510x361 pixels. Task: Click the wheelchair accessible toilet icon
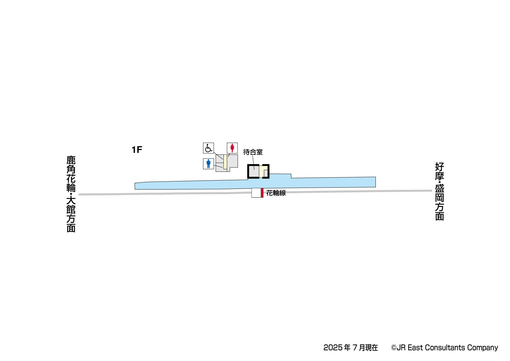[x=208, y=148]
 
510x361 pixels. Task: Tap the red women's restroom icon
[x=232, y=148]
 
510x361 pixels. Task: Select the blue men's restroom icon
[x=208, y=164]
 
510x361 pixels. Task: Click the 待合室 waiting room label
[x=253, y=152]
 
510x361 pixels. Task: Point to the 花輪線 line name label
[x=276, y=193]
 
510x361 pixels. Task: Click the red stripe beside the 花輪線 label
[x=262, y=193]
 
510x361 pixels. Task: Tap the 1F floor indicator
[x=137, y=150]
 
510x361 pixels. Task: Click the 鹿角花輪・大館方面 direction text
[x=71, y=194]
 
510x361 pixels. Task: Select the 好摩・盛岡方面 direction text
[x=439, y=191]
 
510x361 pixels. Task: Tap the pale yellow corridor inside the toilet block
[x=225, y=162]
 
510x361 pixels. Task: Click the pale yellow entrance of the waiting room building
[x=262, y=171]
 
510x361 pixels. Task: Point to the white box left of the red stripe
[x=256, y=193]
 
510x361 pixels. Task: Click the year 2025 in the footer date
[x=333, y=348]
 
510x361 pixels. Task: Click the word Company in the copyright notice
[x=482, y=348]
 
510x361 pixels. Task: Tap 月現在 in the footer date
[x=368, y=348]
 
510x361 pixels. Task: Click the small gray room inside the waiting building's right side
[x=266, y=173]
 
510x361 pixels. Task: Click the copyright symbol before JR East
[x=394, y=348]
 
